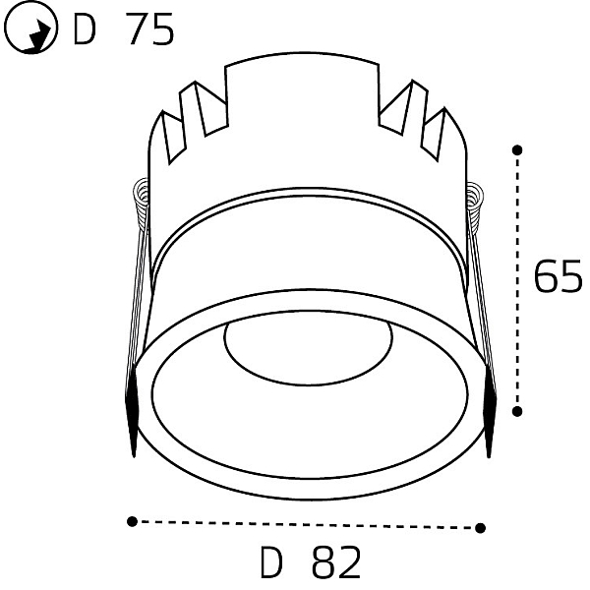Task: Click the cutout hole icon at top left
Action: [x=30, y=28]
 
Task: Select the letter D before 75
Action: [x=85, y=29]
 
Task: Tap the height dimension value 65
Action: [x=558, y=276]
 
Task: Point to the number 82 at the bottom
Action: [x=336, y=562]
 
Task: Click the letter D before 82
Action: [x=271, y=562]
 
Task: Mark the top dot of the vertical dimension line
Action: [x=517, y=150]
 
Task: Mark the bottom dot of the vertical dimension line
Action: [x=517, y=412]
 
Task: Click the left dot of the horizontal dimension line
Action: [x=132, y=521]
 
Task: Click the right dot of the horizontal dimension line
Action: [x=480, y=528]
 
